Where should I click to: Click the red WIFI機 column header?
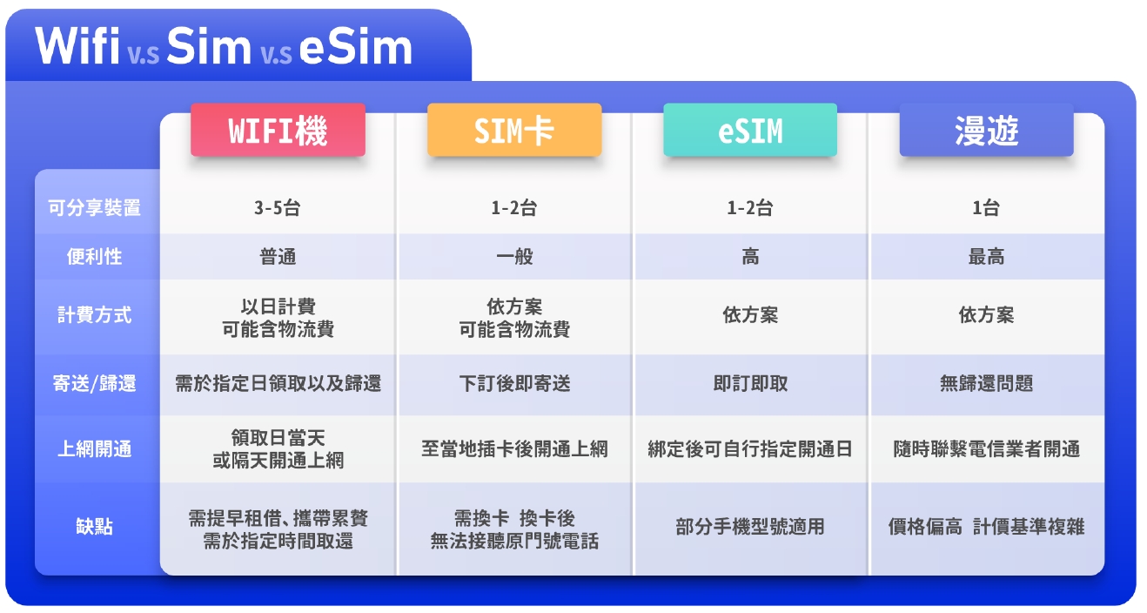(x=278, y=130)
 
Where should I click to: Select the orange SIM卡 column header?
(x=514, y=130)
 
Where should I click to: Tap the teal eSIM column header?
(x=750, y=130)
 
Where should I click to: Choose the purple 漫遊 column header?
(x=986, y=130)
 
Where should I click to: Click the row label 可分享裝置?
(x=94, y=208)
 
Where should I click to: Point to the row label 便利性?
(x=94, y=256)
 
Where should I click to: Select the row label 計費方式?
(x=94, y=314)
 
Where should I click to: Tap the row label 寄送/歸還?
(x=94, y=383)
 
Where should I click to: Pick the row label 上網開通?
(x=94, y=449)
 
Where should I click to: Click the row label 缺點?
(x=94, y=527)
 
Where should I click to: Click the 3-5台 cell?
(x=278, y=208)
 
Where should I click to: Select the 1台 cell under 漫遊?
(x=986, y=208)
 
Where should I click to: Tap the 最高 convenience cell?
(x=986, y=256)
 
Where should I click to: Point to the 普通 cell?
(x=278, y=256)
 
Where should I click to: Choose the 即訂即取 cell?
(x=750, y=383)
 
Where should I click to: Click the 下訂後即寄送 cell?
(x=514, y=383)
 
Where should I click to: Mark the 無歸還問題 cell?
(x=986, y=383)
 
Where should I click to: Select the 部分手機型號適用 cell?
(x=750, y=527)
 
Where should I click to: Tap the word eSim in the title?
(x=356, y=47)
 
